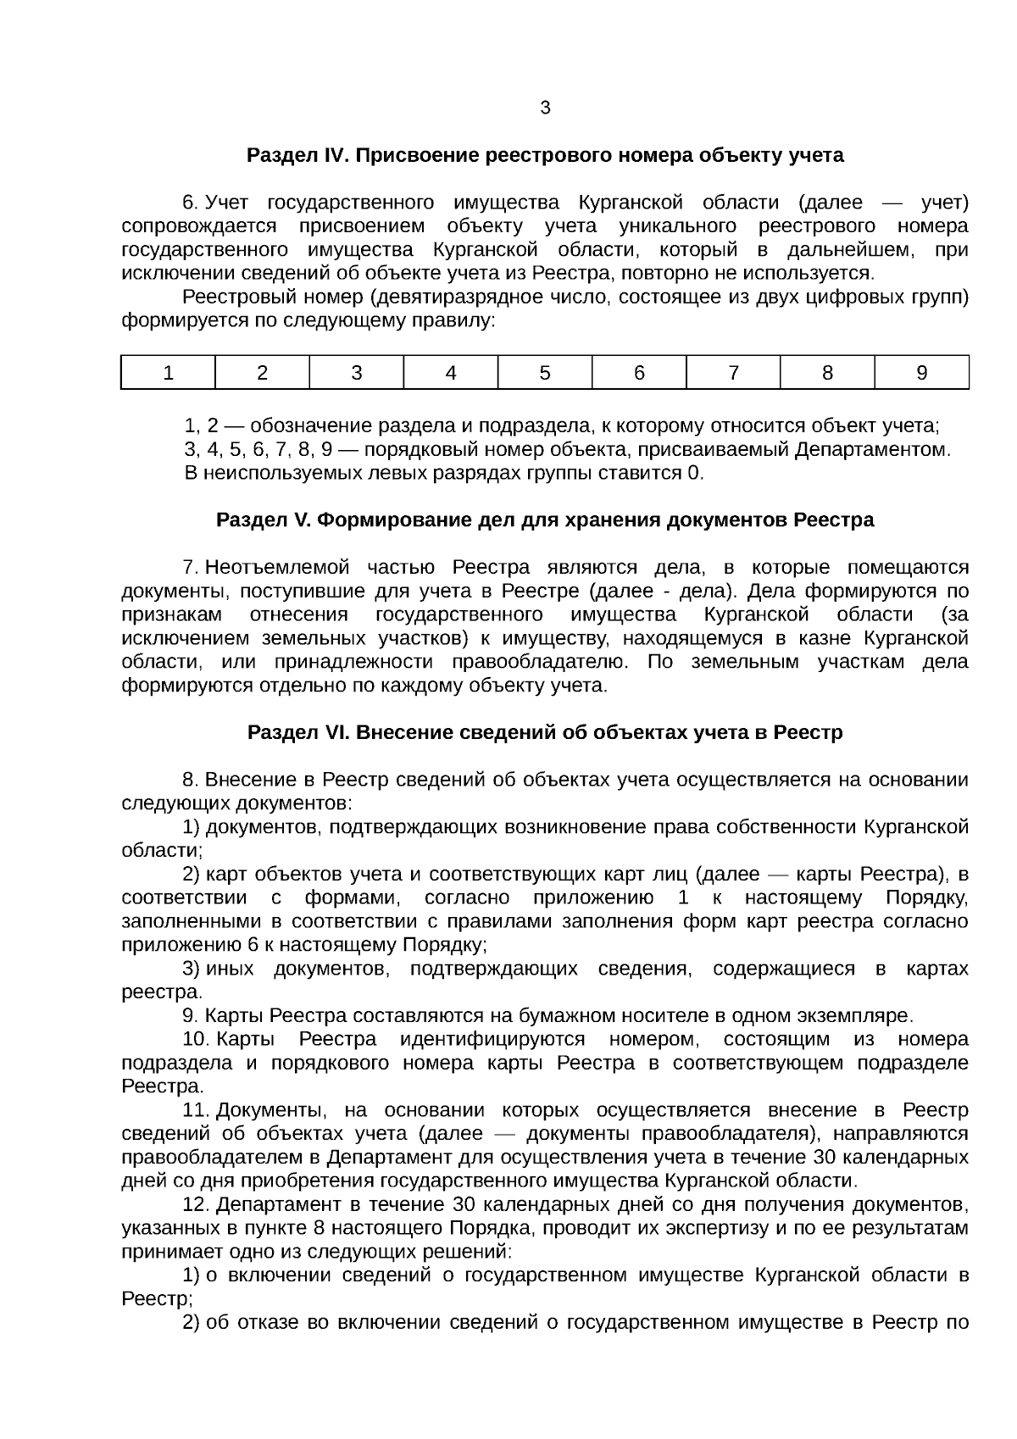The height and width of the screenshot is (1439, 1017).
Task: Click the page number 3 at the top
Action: (x=545, y=108)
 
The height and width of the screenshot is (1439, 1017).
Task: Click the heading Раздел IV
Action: (x=545, y=156)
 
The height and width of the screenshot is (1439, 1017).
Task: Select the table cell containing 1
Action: (x=168, y=373)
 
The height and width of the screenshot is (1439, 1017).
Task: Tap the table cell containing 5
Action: (x=545, y=373)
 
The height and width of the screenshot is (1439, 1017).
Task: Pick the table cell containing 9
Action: (x=921, y=373)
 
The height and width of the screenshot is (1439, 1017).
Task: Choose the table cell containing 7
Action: (x=733, y=373)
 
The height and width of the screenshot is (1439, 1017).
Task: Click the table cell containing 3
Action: (x=357, y=373)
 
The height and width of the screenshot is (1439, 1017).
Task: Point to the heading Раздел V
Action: (x=545, y=519)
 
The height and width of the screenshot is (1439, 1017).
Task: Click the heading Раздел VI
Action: (x=545, y=732)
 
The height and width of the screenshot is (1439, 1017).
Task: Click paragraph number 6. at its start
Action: (x=190, y=203)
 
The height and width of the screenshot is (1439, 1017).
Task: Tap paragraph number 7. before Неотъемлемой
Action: (x=190, y=567)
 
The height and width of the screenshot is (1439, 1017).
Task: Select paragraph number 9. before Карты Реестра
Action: (x=190, y=1016)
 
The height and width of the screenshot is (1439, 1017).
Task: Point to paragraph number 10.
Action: (x=195, y=1040)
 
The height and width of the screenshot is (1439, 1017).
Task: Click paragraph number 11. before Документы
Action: (x=195, y=1111)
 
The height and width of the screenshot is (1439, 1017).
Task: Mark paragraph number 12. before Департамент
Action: (x=195, y=1205)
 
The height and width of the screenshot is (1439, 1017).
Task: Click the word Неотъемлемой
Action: (x=276, y=567)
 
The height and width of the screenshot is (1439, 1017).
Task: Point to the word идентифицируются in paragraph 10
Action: (x=492, y=1040)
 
